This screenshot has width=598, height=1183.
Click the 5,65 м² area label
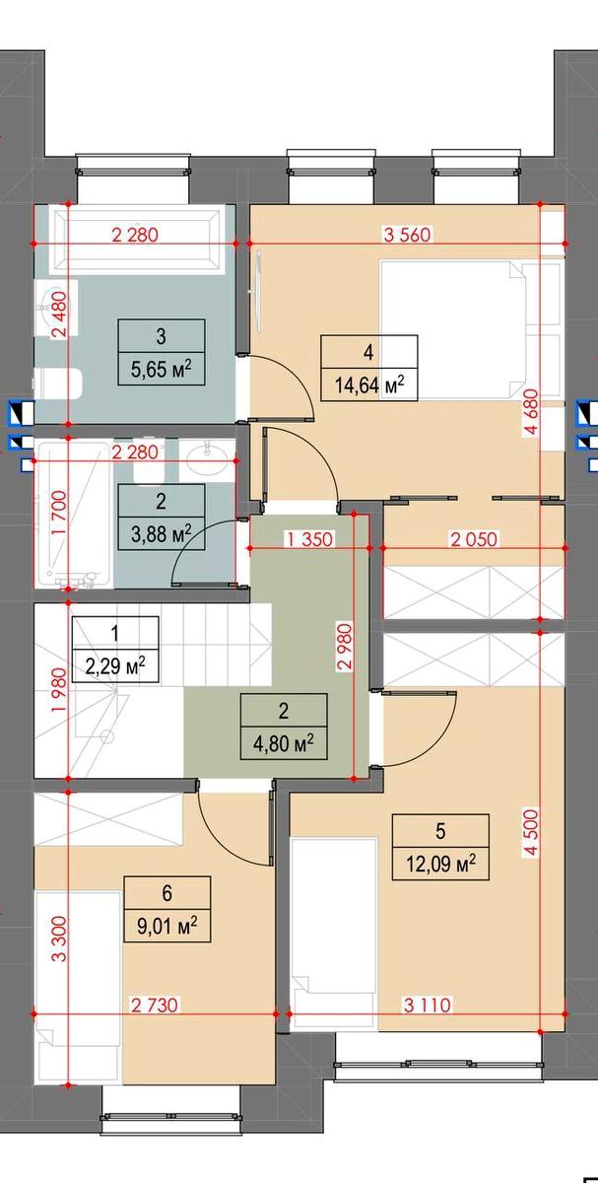161,369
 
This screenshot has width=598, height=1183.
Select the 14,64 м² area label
369,384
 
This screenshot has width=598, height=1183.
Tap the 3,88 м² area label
161,533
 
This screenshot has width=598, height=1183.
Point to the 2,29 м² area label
115,666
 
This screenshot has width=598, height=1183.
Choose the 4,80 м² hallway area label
284,743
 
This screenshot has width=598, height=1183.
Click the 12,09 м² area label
440,864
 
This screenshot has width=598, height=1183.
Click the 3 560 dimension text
407,234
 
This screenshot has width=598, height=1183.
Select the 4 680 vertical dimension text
530,412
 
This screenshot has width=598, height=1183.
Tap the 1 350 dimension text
309,539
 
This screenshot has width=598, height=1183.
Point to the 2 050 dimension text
474,539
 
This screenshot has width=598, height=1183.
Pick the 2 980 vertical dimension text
344,648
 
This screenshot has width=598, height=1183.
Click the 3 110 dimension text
428,1004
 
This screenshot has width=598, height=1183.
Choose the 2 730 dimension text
155,1004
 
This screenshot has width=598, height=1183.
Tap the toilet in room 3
58,383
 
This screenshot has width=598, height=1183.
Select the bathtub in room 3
135,240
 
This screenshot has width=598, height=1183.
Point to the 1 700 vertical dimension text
60,514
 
